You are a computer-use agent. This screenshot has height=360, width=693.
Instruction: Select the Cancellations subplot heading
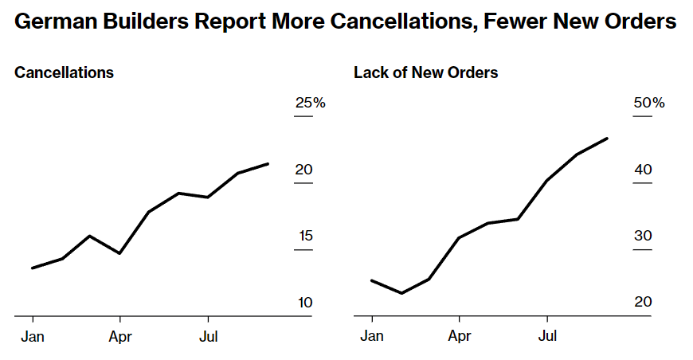(x=64, y=72)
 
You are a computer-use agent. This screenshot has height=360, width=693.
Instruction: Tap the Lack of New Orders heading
(x=425, y=72)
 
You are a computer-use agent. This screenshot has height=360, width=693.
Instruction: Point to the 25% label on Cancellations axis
(x=311, y=103)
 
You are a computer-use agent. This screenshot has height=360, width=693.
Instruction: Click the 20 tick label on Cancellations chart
(x=303, y=170)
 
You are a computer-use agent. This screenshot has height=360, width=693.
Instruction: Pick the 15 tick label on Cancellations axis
(x=303, y=236)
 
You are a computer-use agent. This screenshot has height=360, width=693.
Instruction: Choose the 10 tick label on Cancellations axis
(x=303, y=303)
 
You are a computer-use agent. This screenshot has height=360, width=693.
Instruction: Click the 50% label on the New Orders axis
(x=648, y=103)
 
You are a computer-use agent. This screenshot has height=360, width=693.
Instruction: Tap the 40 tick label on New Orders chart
(x=643, y=170)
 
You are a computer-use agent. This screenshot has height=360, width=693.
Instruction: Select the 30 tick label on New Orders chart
(x=643, y=236)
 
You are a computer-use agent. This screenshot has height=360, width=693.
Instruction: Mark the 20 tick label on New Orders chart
(x=643, y=303)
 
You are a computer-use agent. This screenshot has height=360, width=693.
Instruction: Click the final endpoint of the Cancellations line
(x=268, y=163)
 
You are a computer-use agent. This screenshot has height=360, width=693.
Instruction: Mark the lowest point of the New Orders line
(x=401, y=293)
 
